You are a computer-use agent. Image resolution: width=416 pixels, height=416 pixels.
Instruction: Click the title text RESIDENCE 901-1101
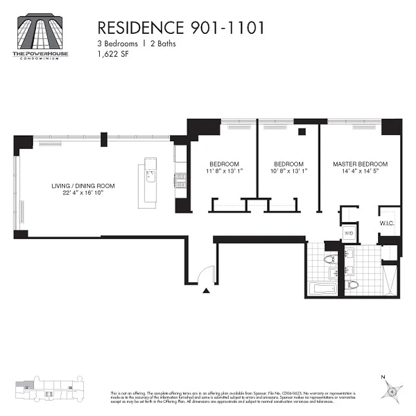(x=181, y=29)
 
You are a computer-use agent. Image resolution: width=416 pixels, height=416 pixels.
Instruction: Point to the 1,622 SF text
(x=113, y=54)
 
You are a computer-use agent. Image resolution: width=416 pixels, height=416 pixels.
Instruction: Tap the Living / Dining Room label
(x=83, y=186)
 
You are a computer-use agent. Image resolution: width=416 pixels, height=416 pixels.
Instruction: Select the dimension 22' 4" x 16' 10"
(x=83, y=193)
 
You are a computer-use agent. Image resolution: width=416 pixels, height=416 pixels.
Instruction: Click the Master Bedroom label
(x=360, y=164)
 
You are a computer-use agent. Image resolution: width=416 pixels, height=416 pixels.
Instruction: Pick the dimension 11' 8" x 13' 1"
(x=224, y=171)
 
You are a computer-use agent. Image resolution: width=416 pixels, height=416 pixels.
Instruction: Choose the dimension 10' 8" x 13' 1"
(x=289, y=171)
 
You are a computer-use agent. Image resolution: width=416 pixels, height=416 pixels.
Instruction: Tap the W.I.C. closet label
(x=387, y=224)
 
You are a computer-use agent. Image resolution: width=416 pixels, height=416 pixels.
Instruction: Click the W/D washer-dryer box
(x=349, y=234)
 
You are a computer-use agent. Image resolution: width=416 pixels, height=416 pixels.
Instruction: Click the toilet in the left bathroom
(x=330, y=258)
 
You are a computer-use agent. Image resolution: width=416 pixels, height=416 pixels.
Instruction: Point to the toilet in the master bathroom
(x=353, y=284)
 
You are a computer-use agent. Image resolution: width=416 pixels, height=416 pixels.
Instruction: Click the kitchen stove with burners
(x=181, y=180)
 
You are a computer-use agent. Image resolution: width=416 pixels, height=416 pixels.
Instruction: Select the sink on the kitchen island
(x=150, y=176)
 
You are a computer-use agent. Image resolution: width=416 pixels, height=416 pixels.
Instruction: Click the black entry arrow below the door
(x=206, y=291)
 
